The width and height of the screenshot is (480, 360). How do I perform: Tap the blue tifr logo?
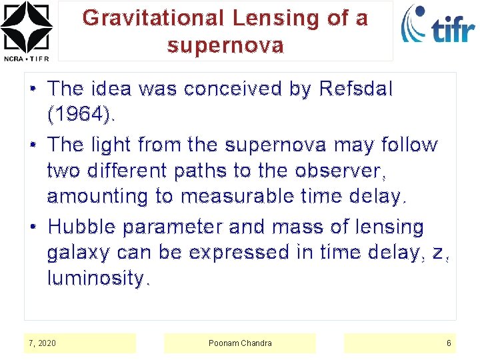437,25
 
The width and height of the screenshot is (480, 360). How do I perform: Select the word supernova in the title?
225,46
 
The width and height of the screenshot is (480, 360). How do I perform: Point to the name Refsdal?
356,89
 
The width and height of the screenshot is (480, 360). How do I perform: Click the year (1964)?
81,115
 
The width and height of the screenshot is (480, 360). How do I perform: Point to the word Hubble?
81,227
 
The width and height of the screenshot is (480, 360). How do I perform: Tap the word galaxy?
79,253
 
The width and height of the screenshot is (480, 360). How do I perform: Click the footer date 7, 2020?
43,343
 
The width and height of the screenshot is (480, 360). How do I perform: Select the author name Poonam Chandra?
240,343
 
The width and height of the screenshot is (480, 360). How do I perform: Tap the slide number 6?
449,343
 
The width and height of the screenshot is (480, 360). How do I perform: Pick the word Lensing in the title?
281,18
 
